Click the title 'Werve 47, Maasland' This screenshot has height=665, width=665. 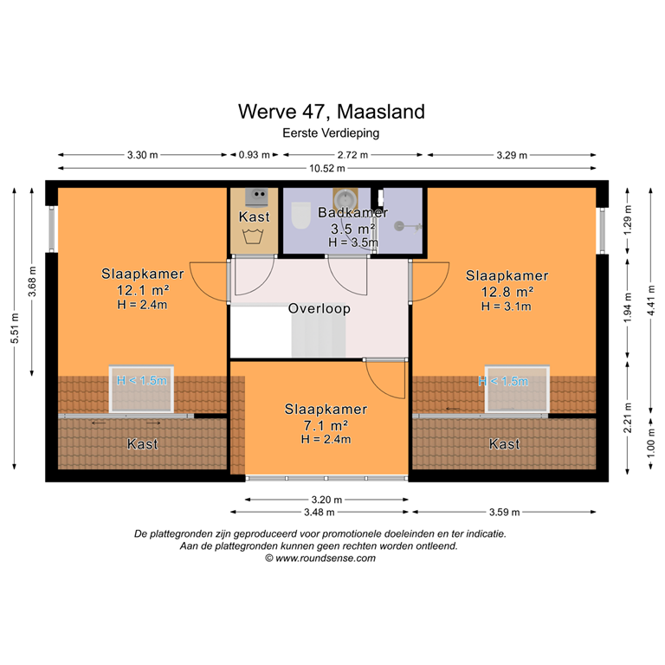332,112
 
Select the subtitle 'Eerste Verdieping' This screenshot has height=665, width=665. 332,133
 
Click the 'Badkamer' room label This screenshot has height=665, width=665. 352,213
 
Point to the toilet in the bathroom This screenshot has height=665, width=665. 301,216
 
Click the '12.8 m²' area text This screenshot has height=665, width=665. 507,292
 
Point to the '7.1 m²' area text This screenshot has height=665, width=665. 325,425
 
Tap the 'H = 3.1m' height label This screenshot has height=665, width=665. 507,306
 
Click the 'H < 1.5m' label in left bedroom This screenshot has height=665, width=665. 142,380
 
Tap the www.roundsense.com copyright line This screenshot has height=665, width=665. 320,558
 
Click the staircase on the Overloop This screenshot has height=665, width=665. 319,336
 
